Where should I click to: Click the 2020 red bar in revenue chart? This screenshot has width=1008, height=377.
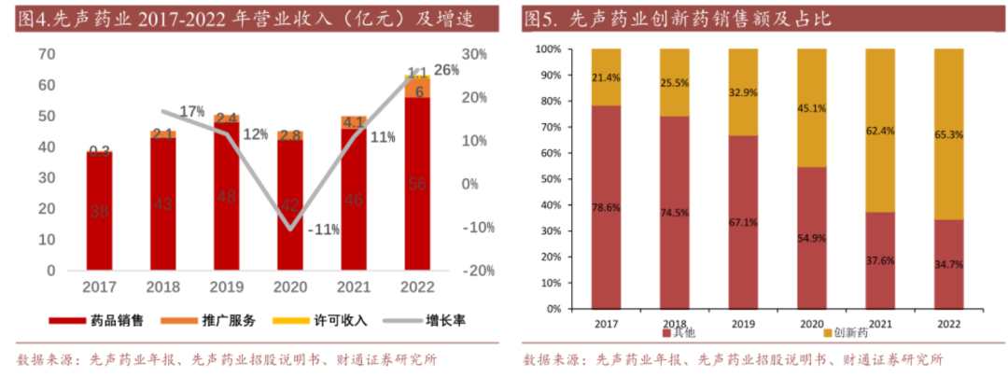tap(290, 205)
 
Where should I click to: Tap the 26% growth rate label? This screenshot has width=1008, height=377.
tap(446, 70)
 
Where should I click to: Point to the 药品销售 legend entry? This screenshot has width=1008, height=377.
tap(97, 320)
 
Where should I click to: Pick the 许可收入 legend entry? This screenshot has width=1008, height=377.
tap(322, 320)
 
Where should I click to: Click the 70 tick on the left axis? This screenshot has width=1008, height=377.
tap(46, 54)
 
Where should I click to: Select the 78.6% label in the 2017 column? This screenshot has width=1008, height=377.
tap(606, 206)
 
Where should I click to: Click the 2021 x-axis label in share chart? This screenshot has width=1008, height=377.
tap(880, 323)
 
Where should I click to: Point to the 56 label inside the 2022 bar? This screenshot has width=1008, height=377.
tap(418, 184)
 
